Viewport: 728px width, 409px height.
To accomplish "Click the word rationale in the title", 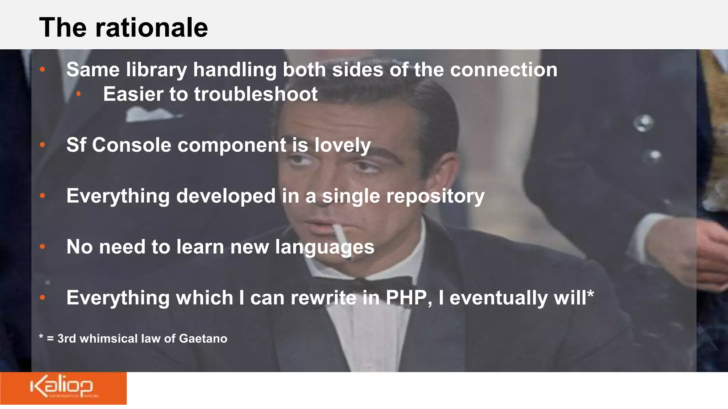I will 151,28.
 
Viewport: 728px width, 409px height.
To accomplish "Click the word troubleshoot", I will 256,94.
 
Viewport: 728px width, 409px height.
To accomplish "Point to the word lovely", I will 342,145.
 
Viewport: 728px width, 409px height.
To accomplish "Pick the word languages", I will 325,247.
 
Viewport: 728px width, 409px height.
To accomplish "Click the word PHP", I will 406,298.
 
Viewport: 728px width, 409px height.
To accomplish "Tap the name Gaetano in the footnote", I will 203,338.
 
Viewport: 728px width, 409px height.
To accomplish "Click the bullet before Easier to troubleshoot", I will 79,94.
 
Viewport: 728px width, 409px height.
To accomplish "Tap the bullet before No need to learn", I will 42,246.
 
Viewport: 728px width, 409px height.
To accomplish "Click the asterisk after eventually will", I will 590,294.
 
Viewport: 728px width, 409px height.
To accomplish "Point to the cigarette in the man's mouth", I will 341,236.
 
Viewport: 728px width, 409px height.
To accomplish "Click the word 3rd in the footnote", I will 66,338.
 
